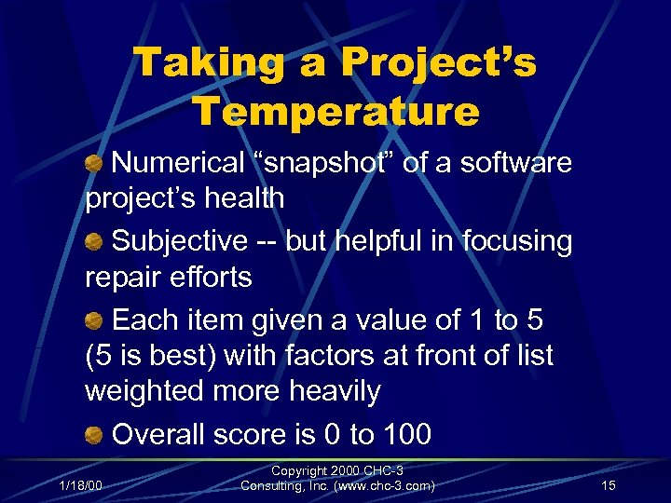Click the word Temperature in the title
tap(335, 112)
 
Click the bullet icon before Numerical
tap(95, 164)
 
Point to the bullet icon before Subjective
tap(95, 242)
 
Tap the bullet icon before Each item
tap(95, 321)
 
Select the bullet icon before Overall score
tap(95, 435)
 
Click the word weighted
tap(147, 391)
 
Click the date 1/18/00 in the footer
tap(81, 485)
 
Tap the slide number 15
tap(608, 485)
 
